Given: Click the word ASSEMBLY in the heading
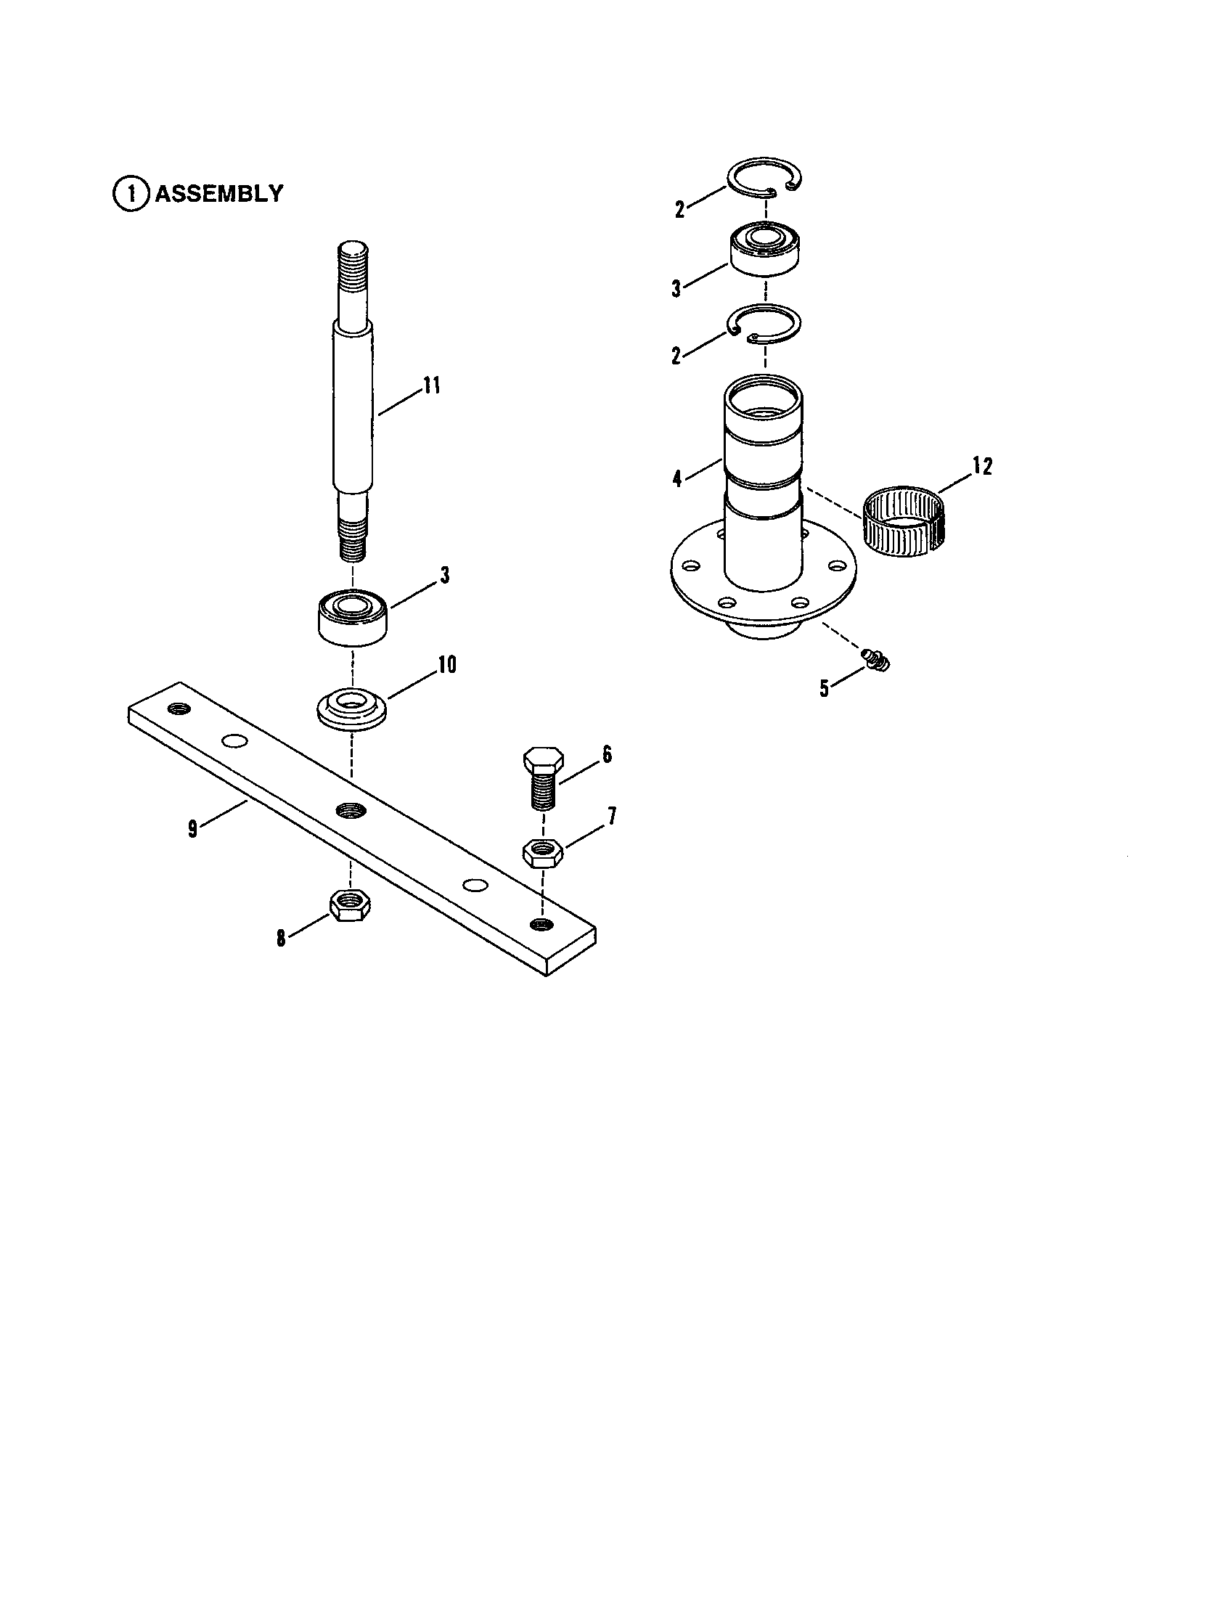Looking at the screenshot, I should point(218,194).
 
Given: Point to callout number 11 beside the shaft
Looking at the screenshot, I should point(432,385).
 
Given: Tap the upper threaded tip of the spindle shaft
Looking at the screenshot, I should point(354,261).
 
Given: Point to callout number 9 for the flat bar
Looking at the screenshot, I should point(192,830).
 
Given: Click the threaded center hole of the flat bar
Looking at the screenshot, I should point(349,810).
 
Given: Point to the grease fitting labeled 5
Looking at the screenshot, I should point(876,658).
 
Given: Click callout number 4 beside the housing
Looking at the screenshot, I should point(677,479).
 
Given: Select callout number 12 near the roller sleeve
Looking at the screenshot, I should point(983,466).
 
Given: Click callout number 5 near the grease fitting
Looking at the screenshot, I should point(825,689).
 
